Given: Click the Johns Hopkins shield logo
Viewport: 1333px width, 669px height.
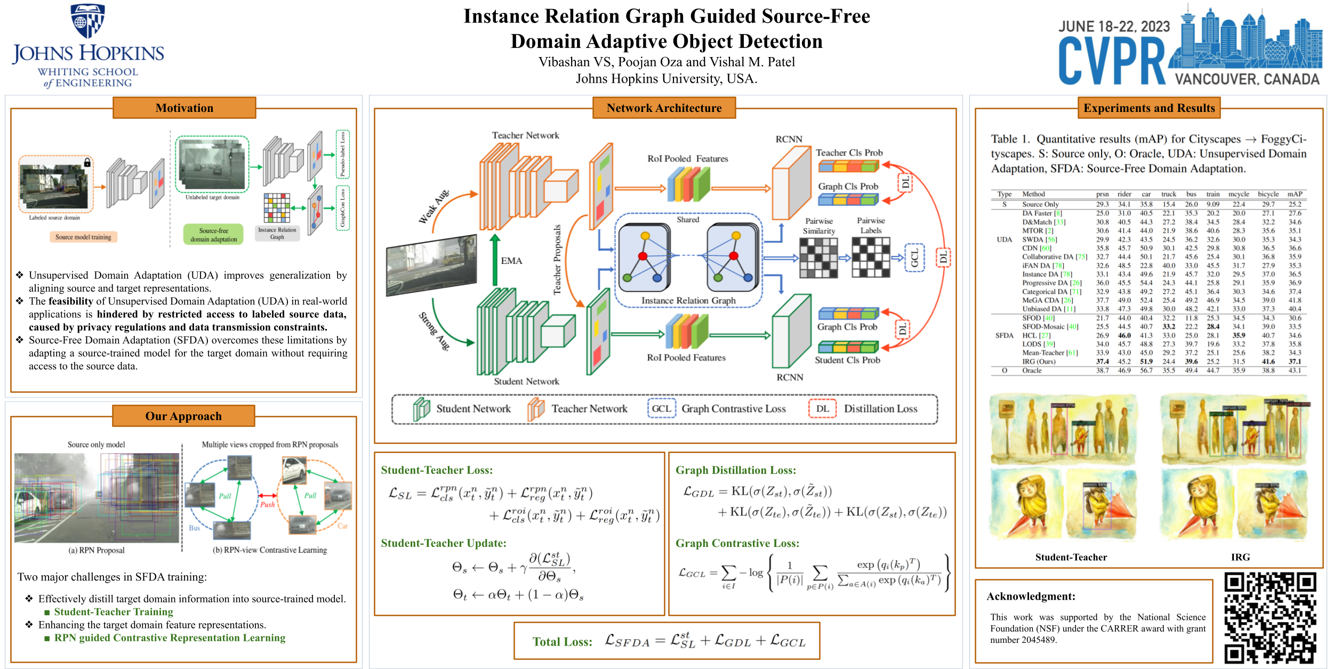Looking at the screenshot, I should [88, 21].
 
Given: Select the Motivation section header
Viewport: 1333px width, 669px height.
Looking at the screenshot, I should [184, 108].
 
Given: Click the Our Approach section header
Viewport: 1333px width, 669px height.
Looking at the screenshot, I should [183, 416].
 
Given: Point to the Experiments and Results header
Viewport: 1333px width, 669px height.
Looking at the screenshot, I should [1149, 108].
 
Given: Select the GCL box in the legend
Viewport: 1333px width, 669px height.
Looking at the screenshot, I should [661, 409].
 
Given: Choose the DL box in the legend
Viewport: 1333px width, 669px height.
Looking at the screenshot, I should [822, 409].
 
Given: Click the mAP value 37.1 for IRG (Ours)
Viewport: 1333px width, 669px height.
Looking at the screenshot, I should [1295, 361].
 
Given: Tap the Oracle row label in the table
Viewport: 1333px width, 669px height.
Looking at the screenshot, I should [1032, 370].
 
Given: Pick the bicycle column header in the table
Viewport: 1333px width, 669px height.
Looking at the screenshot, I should [1268, 194].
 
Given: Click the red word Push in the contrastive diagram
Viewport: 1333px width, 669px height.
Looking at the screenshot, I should [268, 504].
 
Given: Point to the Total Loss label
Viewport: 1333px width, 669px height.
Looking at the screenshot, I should [562, 642].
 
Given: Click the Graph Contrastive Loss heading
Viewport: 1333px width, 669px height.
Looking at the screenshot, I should [737, 543].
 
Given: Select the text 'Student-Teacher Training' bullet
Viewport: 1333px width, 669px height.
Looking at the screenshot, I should [114, 612].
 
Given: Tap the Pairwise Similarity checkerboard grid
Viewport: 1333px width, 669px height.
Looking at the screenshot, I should [818, 258].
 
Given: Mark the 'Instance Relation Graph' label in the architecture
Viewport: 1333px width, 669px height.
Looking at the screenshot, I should [688, 301].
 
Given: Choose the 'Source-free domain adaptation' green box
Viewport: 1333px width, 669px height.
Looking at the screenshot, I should [213, 235].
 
